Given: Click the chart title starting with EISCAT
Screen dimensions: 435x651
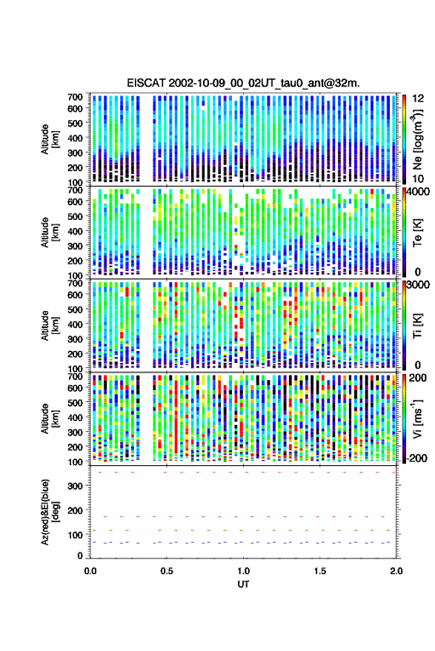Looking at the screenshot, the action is coord(243,83).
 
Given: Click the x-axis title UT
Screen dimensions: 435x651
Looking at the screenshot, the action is coord(244,584).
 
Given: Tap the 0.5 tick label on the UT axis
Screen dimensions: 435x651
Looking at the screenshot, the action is coord(167,571).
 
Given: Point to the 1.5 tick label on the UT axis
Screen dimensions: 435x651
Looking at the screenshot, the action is coord(319,571).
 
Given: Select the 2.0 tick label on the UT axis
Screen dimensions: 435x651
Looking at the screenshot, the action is coord(396,571).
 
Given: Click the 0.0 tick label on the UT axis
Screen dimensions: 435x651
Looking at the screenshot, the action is coord(90,571).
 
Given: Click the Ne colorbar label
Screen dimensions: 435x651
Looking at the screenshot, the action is coord(417,139).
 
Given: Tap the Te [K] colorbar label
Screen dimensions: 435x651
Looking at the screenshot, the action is coord(417,233).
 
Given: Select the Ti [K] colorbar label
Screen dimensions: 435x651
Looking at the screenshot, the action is coord(417,326).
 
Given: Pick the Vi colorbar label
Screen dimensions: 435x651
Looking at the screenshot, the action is coord(417,418).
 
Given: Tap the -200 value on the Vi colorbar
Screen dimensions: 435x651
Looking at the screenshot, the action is coord(416,458).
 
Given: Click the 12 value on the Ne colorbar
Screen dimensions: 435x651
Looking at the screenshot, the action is coord(418,99).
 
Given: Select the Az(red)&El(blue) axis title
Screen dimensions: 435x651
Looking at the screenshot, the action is coord(50,513).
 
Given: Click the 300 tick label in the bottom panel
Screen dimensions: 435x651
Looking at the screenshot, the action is coord(75,486).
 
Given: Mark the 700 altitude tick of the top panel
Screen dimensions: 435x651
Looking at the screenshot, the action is coord(75,97).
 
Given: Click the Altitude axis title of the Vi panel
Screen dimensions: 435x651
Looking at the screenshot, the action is coord(50,418).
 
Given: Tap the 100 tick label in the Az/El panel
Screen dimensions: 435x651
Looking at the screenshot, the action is coord(75,535).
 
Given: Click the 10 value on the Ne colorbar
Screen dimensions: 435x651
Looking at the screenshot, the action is coord(418,179).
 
